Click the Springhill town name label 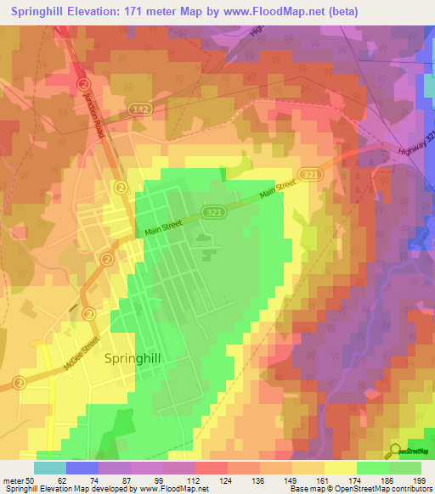[131, 358]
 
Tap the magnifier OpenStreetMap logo [396, 451]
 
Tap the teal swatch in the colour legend [50, 468]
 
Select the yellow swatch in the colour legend [341, 468]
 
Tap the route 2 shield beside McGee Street [17, 383]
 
